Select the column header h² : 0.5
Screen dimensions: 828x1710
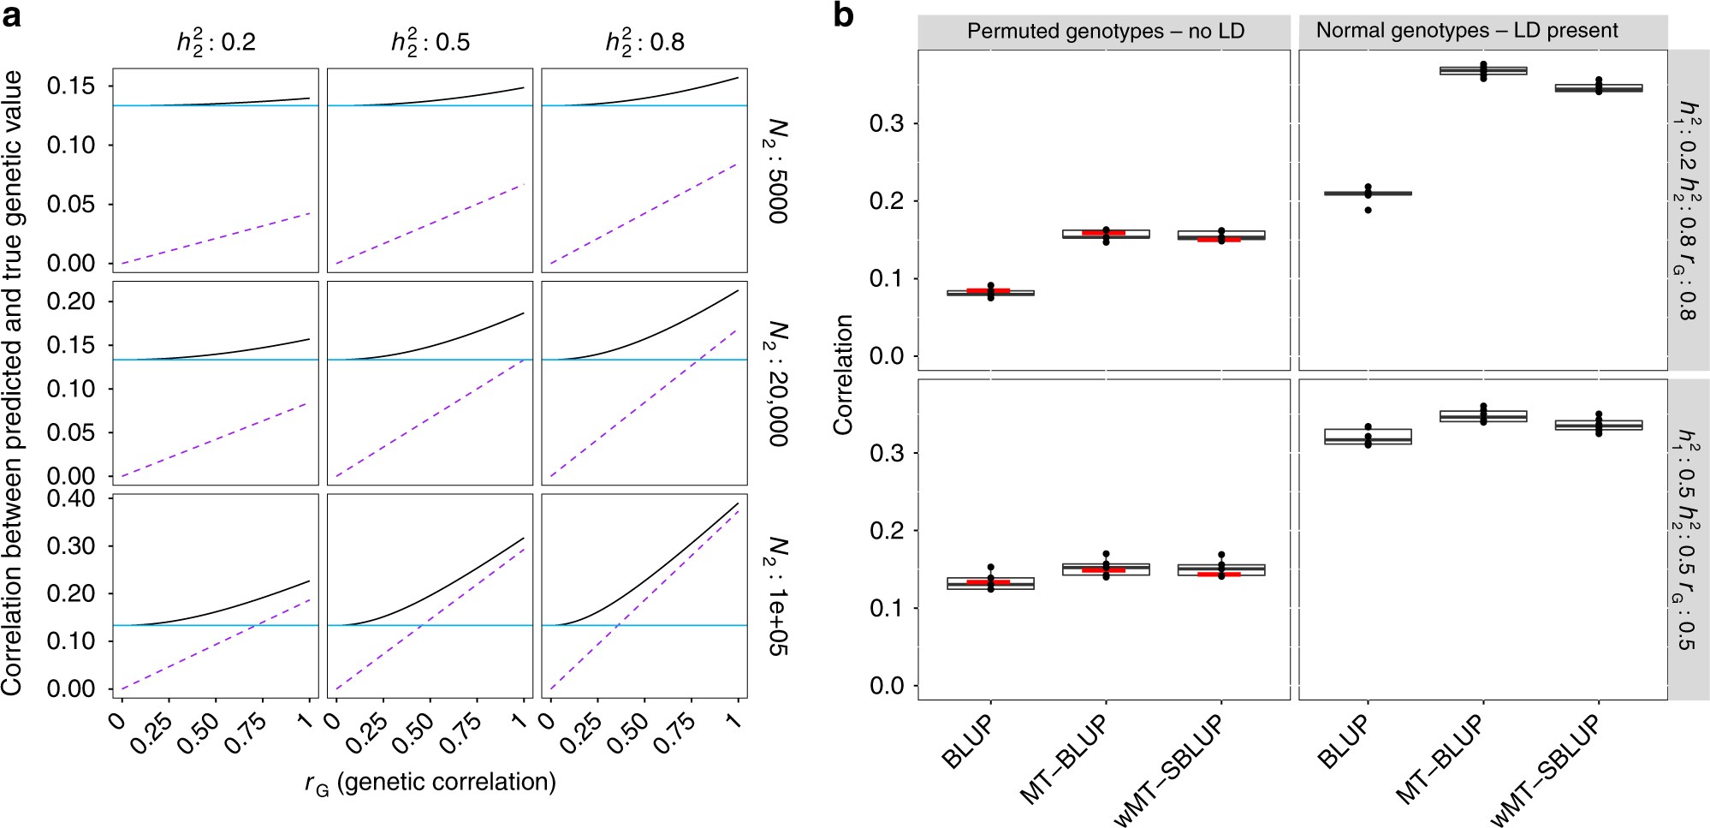pyautogui.click(x=430, y=41)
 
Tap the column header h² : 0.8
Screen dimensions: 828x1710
pyautogui.click(x=644, y=41)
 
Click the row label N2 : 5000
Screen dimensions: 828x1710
pyautogui.click(x=776, y=170)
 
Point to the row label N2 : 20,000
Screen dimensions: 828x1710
pyautogui.click(x=776, y=383)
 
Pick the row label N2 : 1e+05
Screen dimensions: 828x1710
pyautogui.click(x=776, y=596)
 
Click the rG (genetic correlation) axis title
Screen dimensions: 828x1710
pyautogui.click(x=430, y=783)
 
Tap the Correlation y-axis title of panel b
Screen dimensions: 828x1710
pyautogui.click(x=844, y=374)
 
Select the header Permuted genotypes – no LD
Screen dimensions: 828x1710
pyautogui.click(x=1104, y=32)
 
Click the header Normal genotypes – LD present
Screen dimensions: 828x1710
pyautogui.click(x=1466, y=31)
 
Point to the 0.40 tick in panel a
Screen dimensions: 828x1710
pyautogui.click(x=71, y=498)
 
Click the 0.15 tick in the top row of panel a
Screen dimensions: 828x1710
pyautogui.click(x=71, y=86)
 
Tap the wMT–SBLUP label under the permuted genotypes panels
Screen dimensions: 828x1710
pyautogui.click(x=1169, y=768)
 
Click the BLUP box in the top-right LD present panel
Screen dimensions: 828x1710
pyautogui.click(x=1368, y=194)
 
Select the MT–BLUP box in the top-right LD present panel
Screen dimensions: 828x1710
pyautogui.click(x=1483, y=70)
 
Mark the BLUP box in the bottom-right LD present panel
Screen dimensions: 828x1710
pyautogui.click(x=1368, y=437)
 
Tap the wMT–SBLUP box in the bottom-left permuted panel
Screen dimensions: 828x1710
pyautogui.click(x=1221, y=569)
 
